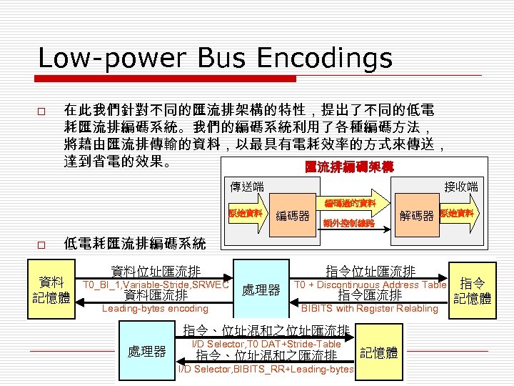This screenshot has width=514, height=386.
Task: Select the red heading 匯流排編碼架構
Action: pyautogui.click(x=349, y=167)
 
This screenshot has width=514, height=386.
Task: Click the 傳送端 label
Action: pyautogui.click(x=246, y=187)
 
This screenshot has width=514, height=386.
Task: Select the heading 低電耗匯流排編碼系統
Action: pyautogui.click(x=135, y=244)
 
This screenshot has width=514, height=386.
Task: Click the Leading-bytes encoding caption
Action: pyautogui.click(x=155, y=309)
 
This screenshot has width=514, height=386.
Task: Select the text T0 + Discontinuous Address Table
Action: pyautogui.click(x=370, y=284)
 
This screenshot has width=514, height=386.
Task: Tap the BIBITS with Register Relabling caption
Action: pyautogui.click(x=369, y=309)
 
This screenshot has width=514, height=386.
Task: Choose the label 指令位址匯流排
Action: pyautogui.click(x=370, y=272)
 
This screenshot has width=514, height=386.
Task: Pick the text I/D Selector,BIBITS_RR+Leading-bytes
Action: pyautogui.click(x=266, y=369)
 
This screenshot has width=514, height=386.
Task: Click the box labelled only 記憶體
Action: pyautogui.click(x=378, y=352)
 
